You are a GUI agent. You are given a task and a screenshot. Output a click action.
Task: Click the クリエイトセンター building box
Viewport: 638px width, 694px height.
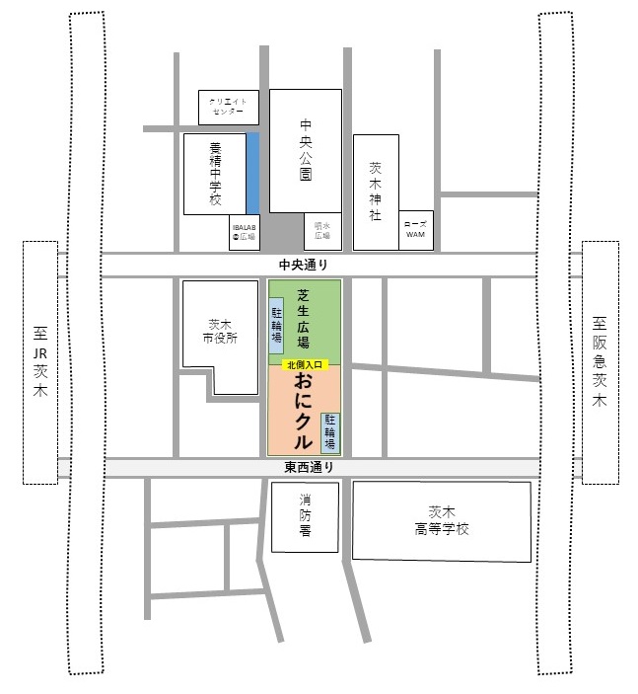click(229, 106)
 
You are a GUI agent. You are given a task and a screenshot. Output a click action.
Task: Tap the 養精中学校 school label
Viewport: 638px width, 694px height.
click(216, 175)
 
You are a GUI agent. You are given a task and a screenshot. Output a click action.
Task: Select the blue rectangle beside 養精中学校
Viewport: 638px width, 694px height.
click(252, 173)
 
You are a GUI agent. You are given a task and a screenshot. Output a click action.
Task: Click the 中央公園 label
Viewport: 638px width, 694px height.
click(306, 151)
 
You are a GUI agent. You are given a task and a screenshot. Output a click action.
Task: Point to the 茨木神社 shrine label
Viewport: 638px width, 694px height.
click(375, 192)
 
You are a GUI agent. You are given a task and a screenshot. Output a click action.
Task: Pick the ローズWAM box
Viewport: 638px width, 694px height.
click(415, 230)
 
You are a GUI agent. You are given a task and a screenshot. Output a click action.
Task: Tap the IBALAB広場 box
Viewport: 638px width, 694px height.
click(244, 233)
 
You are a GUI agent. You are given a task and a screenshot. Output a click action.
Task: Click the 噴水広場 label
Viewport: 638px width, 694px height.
click(321, 232)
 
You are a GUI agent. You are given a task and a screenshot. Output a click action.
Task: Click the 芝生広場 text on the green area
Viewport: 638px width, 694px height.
click(304, 319)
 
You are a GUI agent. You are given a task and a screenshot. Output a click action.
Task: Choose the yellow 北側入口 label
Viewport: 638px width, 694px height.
click(303, 364)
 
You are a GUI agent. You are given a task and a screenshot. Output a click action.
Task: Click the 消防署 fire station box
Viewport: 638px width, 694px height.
click(305, 515)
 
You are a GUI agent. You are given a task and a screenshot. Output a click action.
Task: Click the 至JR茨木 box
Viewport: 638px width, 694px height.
click(40, 362)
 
